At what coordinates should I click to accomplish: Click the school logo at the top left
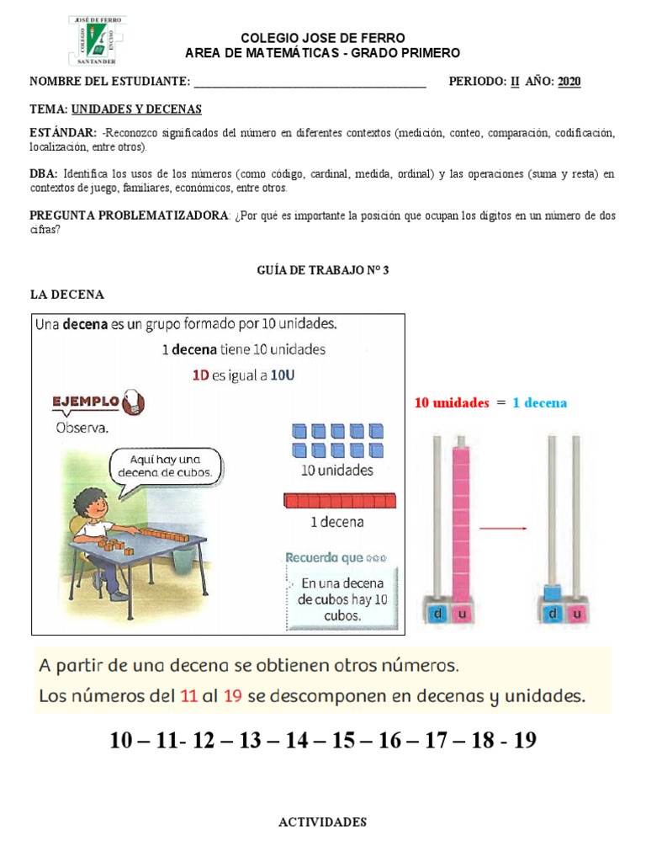[97, 40]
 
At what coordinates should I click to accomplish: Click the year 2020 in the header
[569, 82]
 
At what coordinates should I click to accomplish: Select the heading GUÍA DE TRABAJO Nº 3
[322, 271]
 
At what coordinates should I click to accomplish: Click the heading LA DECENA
[66, 295]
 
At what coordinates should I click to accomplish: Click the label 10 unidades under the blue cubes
[336, 471]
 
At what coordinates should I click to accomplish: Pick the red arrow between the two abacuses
[503, 528]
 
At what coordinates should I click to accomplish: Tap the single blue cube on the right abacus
[552, 593]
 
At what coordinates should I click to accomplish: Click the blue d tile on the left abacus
[437, 615]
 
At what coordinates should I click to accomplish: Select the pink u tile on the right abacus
[576, 615]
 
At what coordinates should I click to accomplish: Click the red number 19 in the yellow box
[234, 696]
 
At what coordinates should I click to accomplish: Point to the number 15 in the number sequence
[345, 741]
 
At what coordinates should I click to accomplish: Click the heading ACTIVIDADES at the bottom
[322, 822]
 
